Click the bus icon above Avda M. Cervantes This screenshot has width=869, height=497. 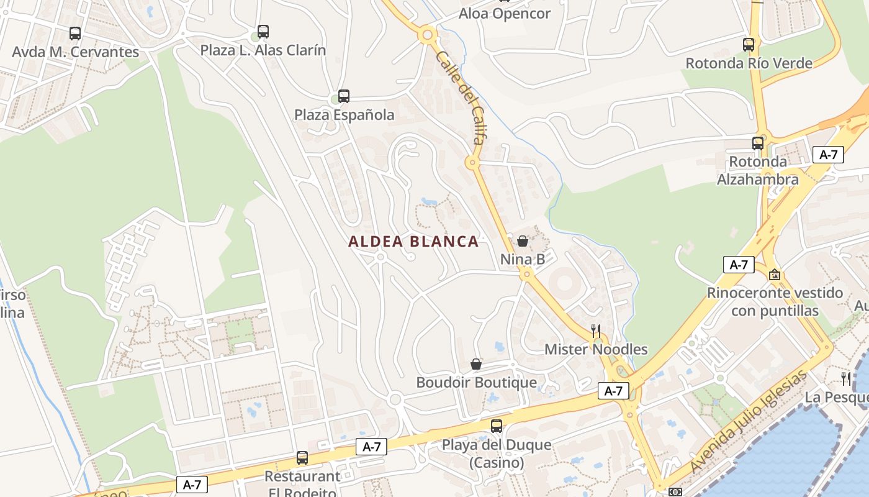[x=75, y=34]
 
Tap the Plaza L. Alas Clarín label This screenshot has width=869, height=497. [x=263, y=50]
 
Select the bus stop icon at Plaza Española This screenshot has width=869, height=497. [x=343, y=96]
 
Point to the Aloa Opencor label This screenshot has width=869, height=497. [x=504, y=14]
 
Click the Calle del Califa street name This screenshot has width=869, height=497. [x=460, y=97]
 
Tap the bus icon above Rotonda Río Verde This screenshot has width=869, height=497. [x=749, y=45]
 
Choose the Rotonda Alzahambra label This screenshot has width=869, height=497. [x=757, y=171]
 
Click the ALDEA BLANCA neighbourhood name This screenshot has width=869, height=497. [x=413, y=242]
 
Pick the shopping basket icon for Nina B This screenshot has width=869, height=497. [x=523, y=241]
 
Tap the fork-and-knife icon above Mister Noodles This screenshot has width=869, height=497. [x=596, y=331]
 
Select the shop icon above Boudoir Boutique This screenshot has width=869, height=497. [x=476, y=364]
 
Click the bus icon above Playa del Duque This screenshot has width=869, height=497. [x=497, y=426]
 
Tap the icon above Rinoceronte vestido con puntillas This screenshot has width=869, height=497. [x=775, y=274]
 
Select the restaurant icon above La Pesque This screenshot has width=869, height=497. [x=845, y=378]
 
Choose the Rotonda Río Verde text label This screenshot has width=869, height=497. [x=749, y=63]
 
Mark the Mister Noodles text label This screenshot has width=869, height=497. [x=596, y=350]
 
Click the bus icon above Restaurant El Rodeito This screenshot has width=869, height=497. [x=302, y=458]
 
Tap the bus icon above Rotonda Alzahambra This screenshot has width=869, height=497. [x=758, y=144]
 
